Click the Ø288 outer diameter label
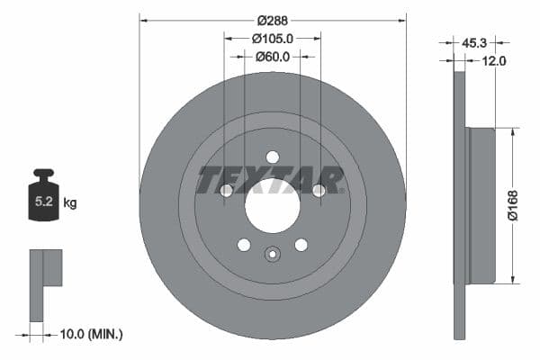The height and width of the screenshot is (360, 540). (272, 20)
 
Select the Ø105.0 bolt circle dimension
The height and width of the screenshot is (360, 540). (272, 38)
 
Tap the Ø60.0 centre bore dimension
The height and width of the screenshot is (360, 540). (272, 57)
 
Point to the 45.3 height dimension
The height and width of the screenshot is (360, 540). (474, 41)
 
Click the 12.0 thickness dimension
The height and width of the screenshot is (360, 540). (495, 60)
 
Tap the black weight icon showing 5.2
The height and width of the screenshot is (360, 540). (44, 192)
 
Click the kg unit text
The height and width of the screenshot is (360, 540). (70, 203)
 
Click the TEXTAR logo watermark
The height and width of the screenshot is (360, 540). (271, 180)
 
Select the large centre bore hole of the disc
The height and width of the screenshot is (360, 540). (272, 203)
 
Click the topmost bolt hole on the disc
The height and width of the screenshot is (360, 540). (272, 157)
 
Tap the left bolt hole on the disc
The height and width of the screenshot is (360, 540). (226, 190)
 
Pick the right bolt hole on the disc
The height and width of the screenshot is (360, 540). (318, 190)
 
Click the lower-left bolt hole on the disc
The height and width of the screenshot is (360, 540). (243, 244)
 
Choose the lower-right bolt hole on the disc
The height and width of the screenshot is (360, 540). (301, 244)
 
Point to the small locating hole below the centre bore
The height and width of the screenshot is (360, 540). (272, 253)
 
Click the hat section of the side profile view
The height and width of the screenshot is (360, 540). (481, 205)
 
